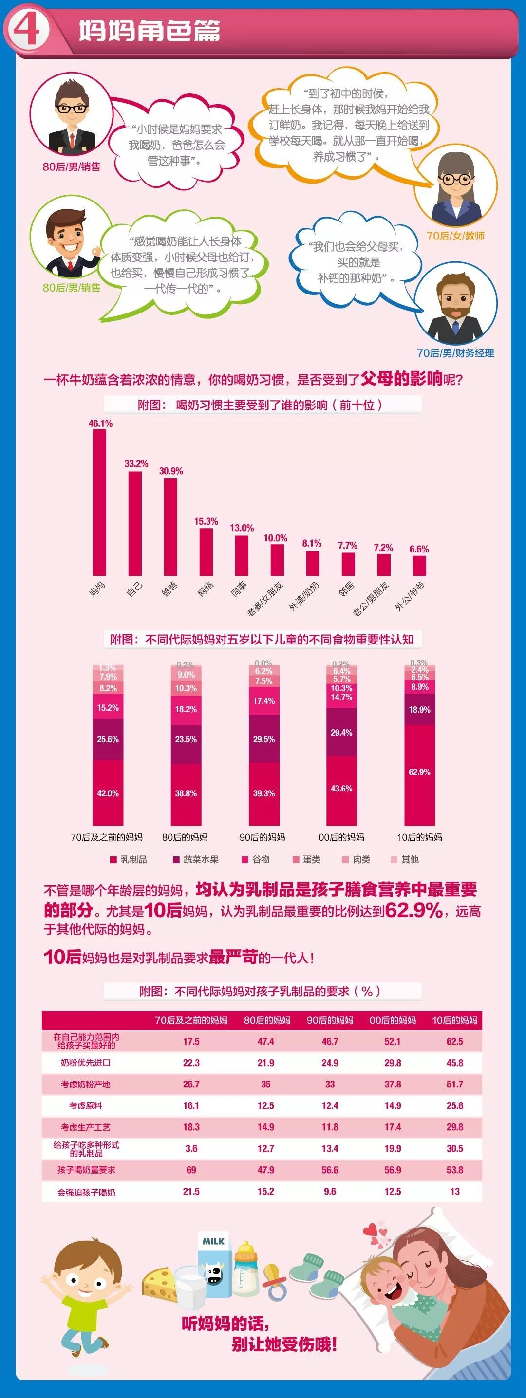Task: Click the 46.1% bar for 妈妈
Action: click(99, 502)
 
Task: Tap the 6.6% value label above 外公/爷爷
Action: click(419, 549)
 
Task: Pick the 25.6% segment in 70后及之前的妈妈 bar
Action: click(108, 739)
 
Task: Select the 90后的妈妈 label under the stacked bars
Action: click(262, 837)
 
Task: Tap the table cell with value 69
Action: click(191, 1170)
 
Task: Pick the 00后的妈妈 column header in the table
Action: click(393, 1020)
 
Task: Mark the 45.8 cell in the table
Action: click(454, 1063)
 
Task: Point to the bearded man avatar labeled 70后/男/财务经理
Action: click(455, 307)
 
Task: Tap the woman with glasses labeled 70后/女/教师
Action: click(455, 188)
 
